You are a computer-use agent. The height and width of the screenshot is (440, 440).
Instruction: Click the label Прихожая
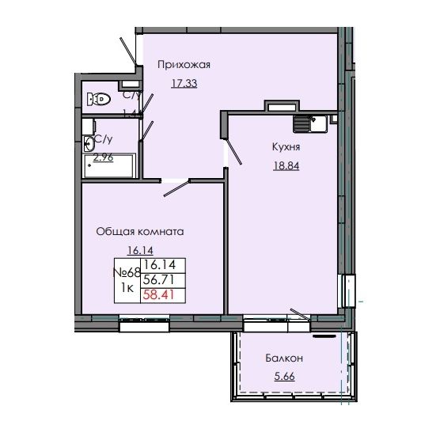click(x=183, y=66)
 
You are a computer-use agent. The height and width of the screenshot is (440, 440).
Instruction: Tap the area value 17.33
click(x=184, y=82)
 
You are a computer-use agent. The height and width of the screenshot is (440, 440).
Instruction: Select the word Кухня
click(x=285, y=146)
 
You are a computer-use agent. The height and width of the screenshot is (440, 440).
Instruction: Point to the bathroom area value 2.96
click(x=104, y=157)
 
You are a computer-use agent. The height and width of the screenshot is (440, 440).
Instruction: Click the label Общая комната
click(x=139, y=233)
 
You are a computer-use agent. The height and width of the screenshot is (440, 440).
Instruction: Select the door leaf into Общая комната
click(x=177, y=188)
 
